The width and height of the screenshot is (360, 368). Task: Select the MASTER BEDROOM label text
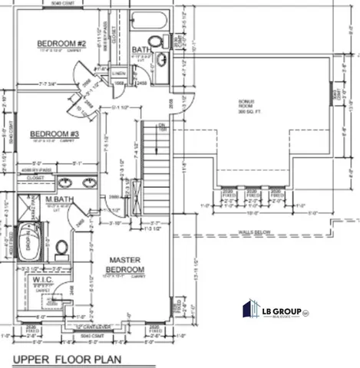click(124, 266)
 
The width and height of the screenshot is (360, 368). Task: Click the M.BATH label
click(58, 200)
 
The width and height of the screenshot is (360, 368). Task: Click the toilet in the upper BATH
click(155, 41)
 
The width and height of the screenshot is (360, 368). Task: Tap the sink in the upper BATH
click(162, 59)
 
